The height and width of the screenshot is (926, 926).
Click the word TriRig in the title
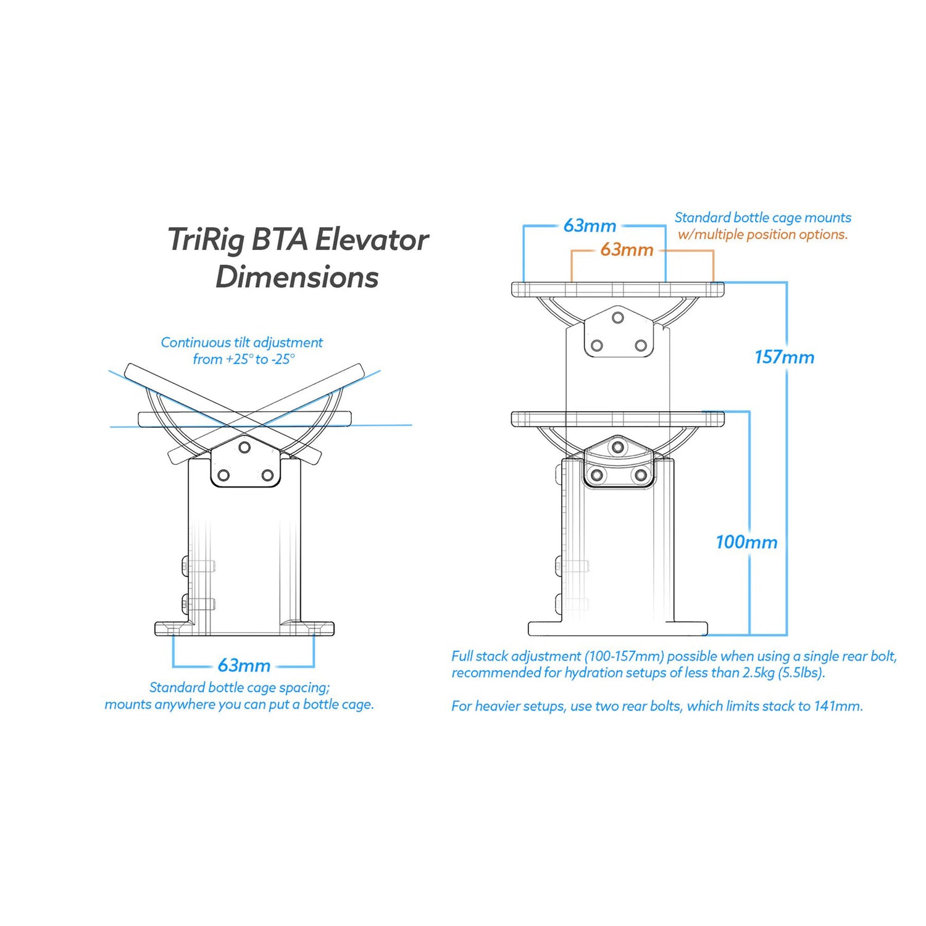[206, 240]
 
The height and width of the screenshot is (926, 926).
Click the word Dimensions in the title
[297, 277]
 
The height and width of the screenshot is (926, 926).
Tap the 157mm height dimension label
[784, 357]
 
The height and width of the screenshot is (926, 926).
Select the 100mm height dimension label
[746, 543]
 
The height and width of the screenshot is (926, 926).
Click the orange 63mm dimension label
[627, 250]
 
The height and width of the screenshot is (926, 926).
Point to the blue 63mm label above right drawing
[590, 226]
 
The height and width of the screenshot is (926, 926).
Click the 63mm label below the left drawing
[244, 665]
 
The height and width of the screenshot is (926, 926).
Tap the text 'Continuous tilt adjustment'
[241, 343]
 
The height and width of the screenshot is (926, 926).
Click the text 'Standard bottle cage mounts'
[762, 218]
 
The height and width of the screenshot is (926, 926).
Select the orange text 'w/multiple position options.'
[762, 235]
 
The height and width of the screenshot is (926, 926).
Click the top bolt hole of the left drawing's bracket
[245, 447]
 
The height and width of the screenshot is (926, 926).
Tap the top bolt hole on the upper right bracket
[618, 318]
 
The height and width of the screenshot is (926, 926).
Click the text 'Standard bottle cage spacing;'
[240, 688]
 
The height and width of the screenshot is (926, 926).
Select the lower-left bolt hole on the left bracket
[224, 475]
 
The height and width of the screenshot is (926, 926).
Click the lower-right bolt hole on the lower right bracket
[641, 475]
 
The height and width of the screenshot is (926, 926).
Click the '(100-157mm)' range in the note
[624, 656]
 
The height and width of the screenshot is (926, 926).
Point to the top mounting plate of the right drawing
[617, 289]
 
